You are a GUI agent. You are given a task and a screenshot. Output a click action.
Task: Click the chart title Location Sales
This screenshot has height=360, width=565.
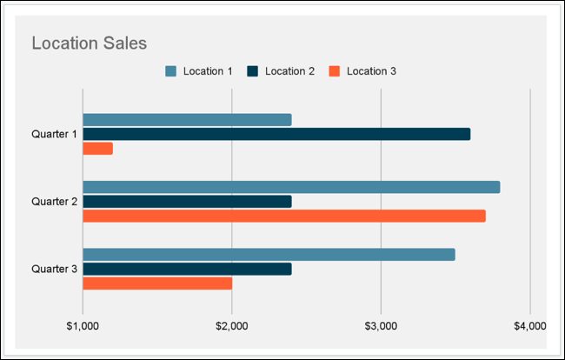click(89, 43)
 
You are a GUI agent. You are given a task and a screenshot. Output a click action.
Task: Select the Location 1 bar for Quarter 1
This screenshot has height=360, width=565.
click(187, 120)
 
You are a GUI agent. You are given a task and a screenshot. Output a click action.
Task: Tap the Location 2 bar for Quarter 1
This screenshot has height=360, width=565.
click(276, 134)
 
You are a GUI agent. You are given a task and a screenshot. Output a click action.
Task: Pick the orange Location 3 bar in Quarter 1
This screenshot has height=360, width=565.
click(97, 149)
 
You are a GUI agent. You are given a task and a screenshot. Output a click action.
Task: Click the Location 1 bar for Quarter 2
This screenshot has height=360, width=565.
click(291, 187)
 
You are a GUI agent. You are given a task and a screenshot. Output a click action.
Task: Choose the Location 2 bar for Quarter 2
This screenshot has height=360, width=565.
click(187, 202)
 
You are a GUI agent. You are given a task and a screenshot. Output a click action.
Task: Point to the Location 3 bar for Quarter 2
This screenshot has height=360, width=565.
click(284, 216)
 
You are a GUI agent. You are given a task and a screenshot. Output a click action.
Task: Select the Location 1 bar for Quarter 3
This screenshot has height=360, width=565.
click(269, 255)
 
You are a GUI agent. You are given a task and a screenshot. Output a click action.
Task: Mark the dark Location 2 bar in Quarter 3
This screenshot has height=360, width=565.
click(187, 269)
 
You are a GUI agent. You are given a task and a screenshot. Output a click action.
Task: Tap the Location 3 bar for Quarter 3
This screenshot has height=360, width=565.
click(157, 283)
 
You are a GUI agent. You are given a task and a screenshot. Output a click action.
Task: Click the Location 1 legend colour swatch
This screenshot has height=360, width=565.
click(170, 71)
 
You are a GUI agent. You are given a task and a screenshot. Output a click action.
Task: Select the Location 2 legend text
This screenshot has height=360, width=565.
click(289, 71)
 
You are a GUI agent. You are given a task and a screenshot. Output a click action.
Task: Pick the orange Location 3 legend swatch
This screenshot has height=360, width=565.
click(334, 71)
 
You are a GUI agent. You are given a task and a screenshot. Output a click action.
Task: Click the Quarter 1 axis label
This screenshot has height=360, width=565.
click(54, 134)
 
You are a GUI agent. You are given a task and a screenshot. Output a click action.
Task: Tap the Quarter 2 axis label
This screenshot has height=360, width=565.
click(54, 202)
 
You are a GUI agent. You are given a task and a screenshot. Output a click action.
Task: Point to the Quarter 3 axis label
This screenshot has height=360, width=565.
click(54, 269)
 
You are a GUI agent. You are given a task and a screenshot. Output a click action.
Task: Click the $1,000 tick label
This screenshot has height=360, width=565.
click(83, 326)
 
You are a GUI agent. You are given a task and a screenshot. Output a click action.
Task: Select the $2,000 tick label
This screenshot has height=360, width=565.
click(232, 326)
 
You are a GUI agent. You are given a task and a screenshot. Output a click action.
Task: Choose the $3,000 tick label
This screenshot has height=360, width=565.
click(381, 326)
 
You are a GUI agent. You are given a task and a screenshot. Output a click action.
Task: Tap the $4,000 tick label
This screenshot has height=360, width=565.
click(529, 326)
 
